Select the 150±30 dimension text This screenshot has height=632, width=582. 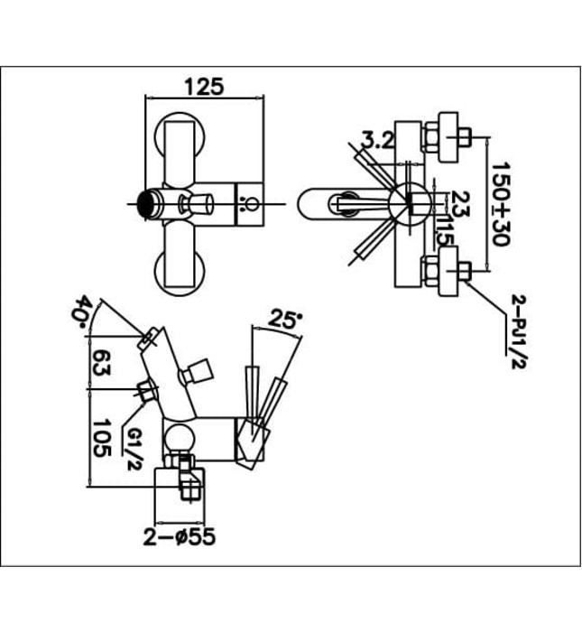pyautogui.click(x=502, y=202)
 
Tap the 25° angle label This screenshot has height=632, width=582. pyautogui.click(x=286, y=319)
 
